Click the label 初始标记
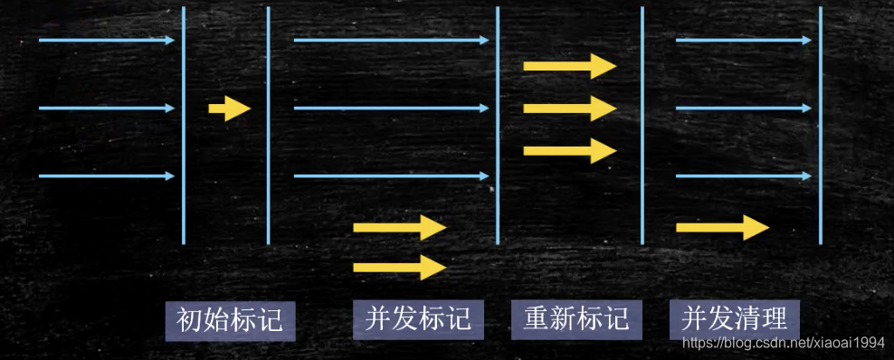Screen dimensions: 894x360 tap(230, 320)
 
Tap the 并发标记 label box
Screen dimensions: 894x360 tap(418, 320)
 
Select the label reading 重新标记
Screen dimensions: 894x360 tap(576, 320)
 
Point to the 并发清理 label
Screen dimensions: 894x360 tap(734, 320)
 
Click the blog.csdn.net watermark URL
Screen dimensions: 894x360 tap(782, 343)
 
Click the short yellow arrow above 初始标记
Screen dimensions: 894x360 tap(229, 109)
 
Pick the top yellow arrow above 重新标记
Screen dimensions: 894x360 tap(569, 66)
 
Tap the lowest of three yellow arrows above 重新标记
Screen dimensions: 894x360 tap(569, 150)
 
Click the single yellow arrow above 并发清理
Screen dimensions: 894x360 tap(721, 227)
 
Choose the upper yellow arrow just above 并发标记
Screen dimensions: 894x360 tap(399, 227)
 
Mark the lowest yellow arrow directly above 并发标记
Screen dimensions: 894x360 tap(399, 266)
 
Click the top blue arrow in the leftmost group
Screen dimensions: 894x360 tap(107, 41)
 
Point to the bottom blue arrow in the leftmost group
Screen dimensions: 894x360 tap(107, 176)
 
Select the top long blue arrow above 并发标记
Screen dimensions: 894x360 tap(391, 41)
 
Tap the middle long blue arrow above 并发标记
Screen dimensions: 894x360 tap(391, 109)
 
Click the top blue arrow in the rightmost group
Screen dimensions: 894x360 tap(744, 41)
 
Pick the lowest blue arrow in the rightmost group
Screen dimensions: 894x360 tap(744, 176)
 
